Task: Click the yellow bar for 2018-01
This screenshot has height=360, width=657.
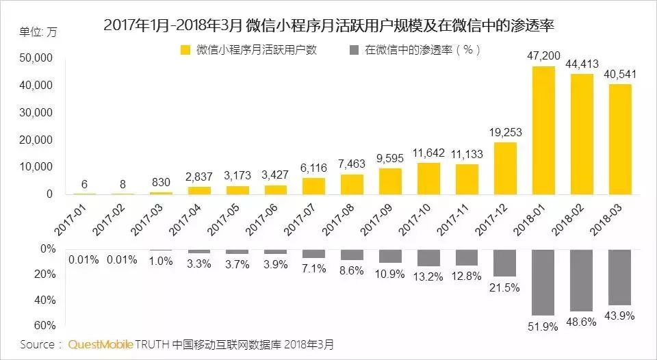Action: tap(543, 130)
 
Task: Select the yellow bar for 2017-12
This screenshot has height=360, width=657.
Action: tap(505, 168)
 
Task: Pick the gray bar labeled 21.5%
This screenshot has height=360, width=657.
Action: tap(505, 263)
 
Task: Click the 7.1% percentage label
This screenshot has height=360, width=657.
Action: tap(313, 268)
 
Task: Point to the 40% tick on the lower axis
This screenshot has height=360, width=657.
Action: tap(44, 300)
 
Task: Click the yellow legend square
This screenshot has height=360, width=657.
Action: tap(185, 50)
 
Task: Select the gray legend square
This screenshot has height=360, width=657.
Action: tap(354, 50)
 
